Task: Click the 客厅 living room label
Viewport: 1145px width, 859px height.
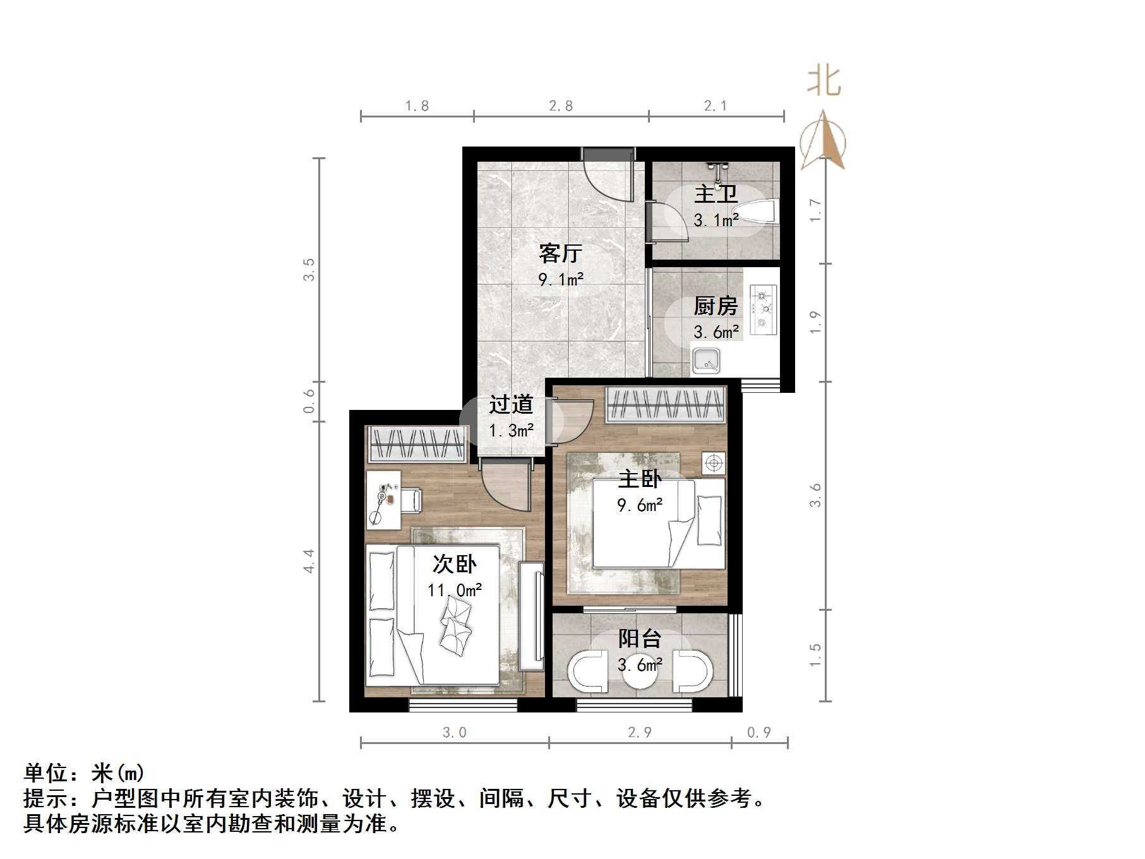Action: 560,253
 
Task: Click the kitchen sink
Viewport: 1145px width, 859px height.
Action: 706,361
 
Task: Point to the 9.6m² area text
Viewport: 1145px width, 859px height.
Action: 640,505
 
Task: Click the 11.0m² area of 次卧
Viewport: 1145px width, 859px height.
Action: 455,590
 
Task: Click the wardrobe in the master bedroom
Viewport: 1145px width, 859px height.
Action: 665,404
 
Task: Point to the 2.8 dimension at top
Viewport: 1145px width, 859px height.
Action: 561,106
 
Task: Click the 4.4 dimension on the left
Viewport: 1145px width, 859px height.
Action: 309,561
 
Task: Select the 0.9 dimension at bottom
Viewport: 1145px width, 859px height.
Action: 759,732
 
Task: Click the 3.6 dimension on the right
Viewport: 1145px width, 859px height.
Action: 815,495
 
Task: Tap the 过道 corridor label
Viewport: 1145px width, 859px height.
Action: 511,404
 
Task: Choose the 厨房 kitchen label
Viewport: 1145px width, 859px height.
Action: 716,306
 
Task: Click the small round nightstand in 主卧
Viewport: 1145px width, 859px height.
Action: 714,464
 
